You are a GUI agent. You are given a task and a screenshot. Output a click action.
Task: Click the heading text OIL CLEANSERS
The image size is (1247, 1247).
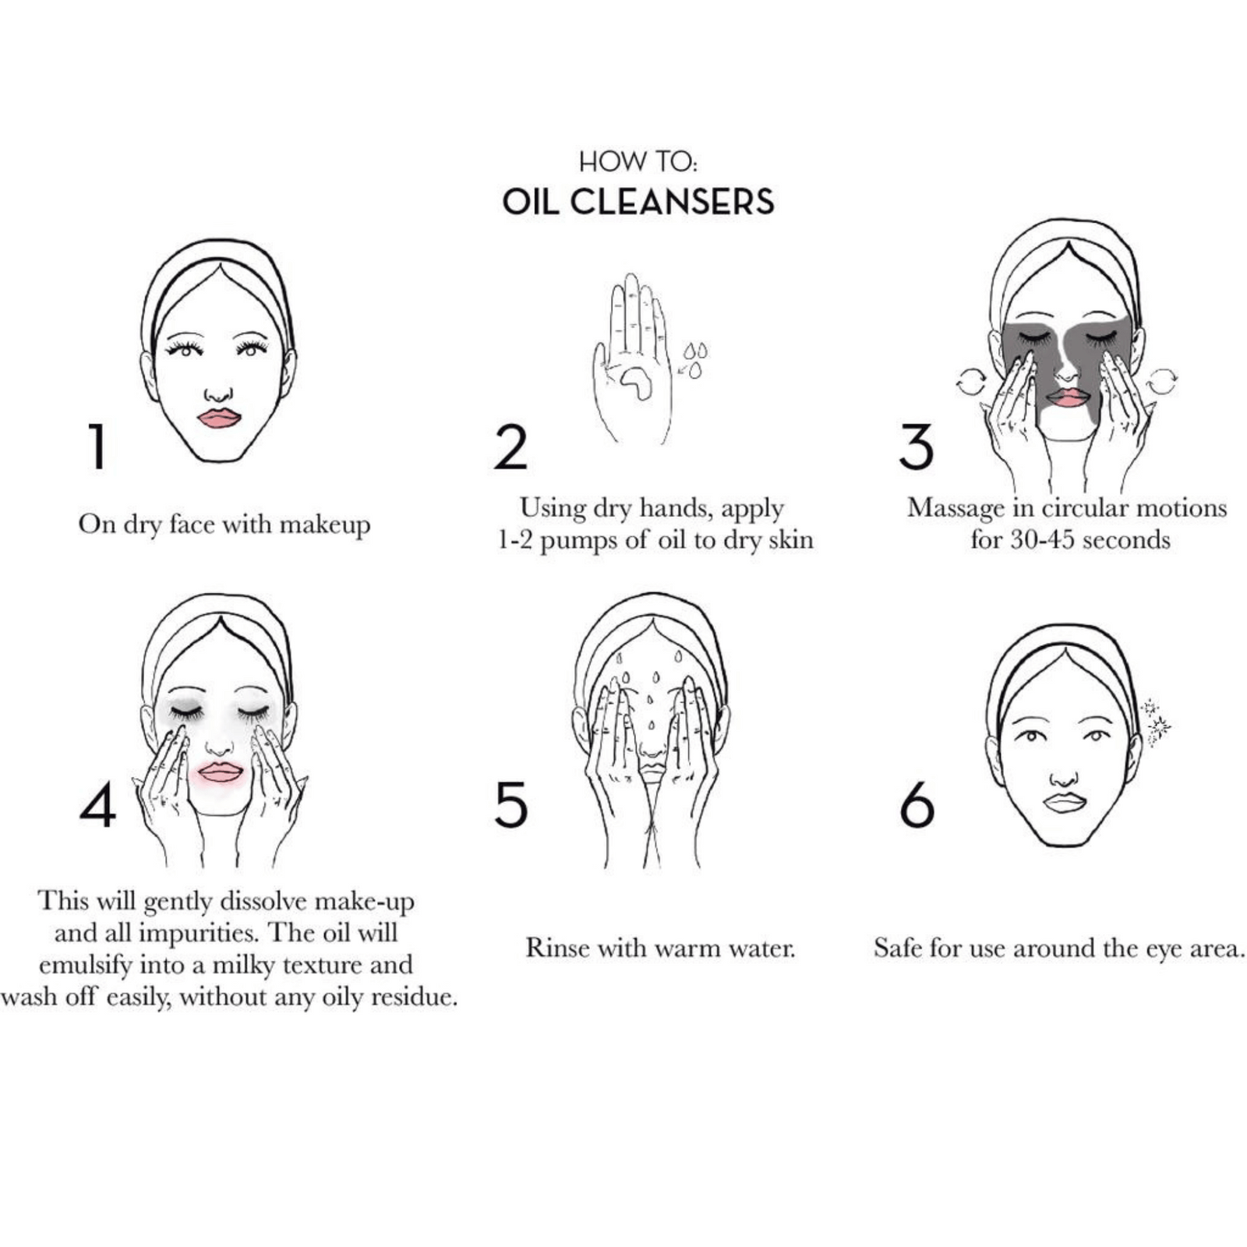[x=638, y=202]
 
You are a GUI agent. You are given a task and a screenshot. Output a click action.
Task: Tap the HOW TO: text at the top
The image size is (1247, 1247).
[x=638, y=161]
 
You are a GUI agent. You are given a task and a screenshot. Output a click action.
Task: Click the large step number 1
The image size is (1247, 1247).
[x=97, y=447]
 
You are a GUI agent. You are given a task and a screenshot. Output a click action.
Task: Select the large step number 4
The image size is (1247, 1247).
[x=98, y=805]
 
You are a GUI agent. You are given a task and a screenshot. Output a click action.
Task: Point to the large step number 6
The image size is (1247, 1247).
[x=917, y=805]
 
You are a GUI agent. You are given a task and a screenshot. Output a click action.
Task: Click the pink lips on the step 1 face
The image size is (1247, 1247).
[x=219, y=418]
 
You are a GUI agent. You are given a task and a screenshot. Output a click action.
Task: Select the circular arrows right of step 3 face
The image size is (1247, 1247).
[x=1161, y=382]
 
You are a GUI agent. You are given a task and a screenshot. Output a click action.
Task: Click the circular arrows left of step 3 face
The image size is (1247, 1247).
[x=971, y=382]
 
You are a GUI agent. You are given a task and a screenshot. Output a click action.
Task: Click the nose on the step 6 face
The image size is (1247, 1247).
[x=1063, y=778]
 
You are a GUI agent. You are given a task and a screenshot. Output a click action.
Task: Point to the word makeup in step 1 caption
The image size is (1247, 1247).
[x=325, y=525]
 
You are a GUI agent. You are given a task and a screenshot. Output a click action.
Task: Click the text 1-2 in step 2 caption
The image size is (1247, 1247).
[x=515, y=540]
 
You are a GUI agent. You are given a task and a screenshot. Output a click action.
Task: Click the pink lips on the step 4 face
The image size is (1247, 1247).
[x=221, y=772]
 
